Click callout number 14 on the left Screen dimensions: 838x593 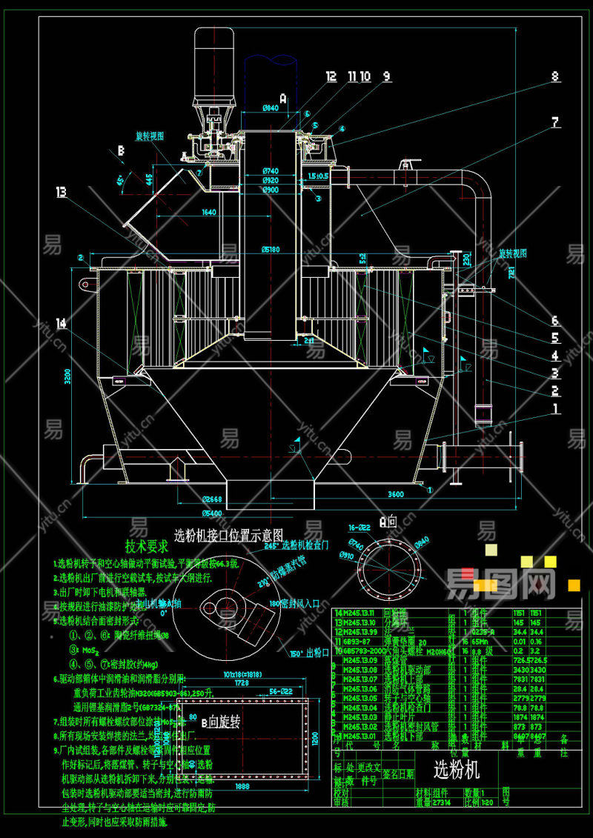[x=61, y=323]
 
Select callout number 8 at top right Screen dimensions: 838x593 [x=554, y=76]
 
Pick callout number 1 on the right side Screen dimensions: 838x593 [x=555, y=408]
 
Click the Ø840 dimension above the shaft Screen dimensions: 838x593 [x=271, y=109]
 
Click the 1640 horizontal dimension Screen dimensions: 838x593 [x=208, y=213]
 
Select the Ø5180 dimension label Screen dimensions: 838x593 [x=271, y=249]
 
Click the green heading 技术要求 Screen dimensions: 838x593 [x=147, y=547]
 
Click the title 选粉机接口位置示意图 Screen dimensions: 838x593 [x=228, y=533]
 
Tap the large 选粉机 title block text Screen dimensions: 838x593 [x=456, y=769]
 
